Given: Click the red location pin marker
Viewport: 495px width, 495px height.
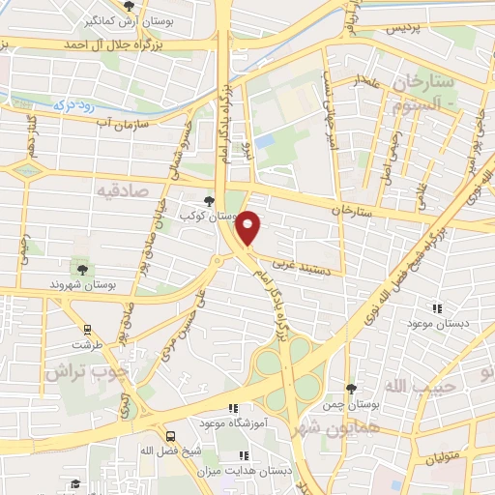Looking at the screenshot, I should (249, 228).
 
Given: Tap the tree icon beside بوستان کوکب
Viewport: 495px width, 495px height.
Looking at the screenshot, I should (210, 200).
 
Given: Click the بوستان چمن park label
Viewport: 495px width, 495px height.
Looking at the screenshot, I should (348, 404).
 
